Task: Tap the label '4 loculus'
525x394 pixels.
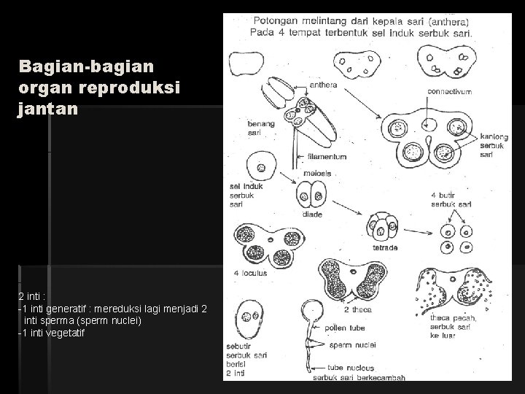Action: [251, 273]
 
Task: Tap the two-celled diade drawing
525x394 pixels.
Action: [311, 196]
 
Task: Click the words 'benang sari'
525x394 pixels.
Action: [261, 128]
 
